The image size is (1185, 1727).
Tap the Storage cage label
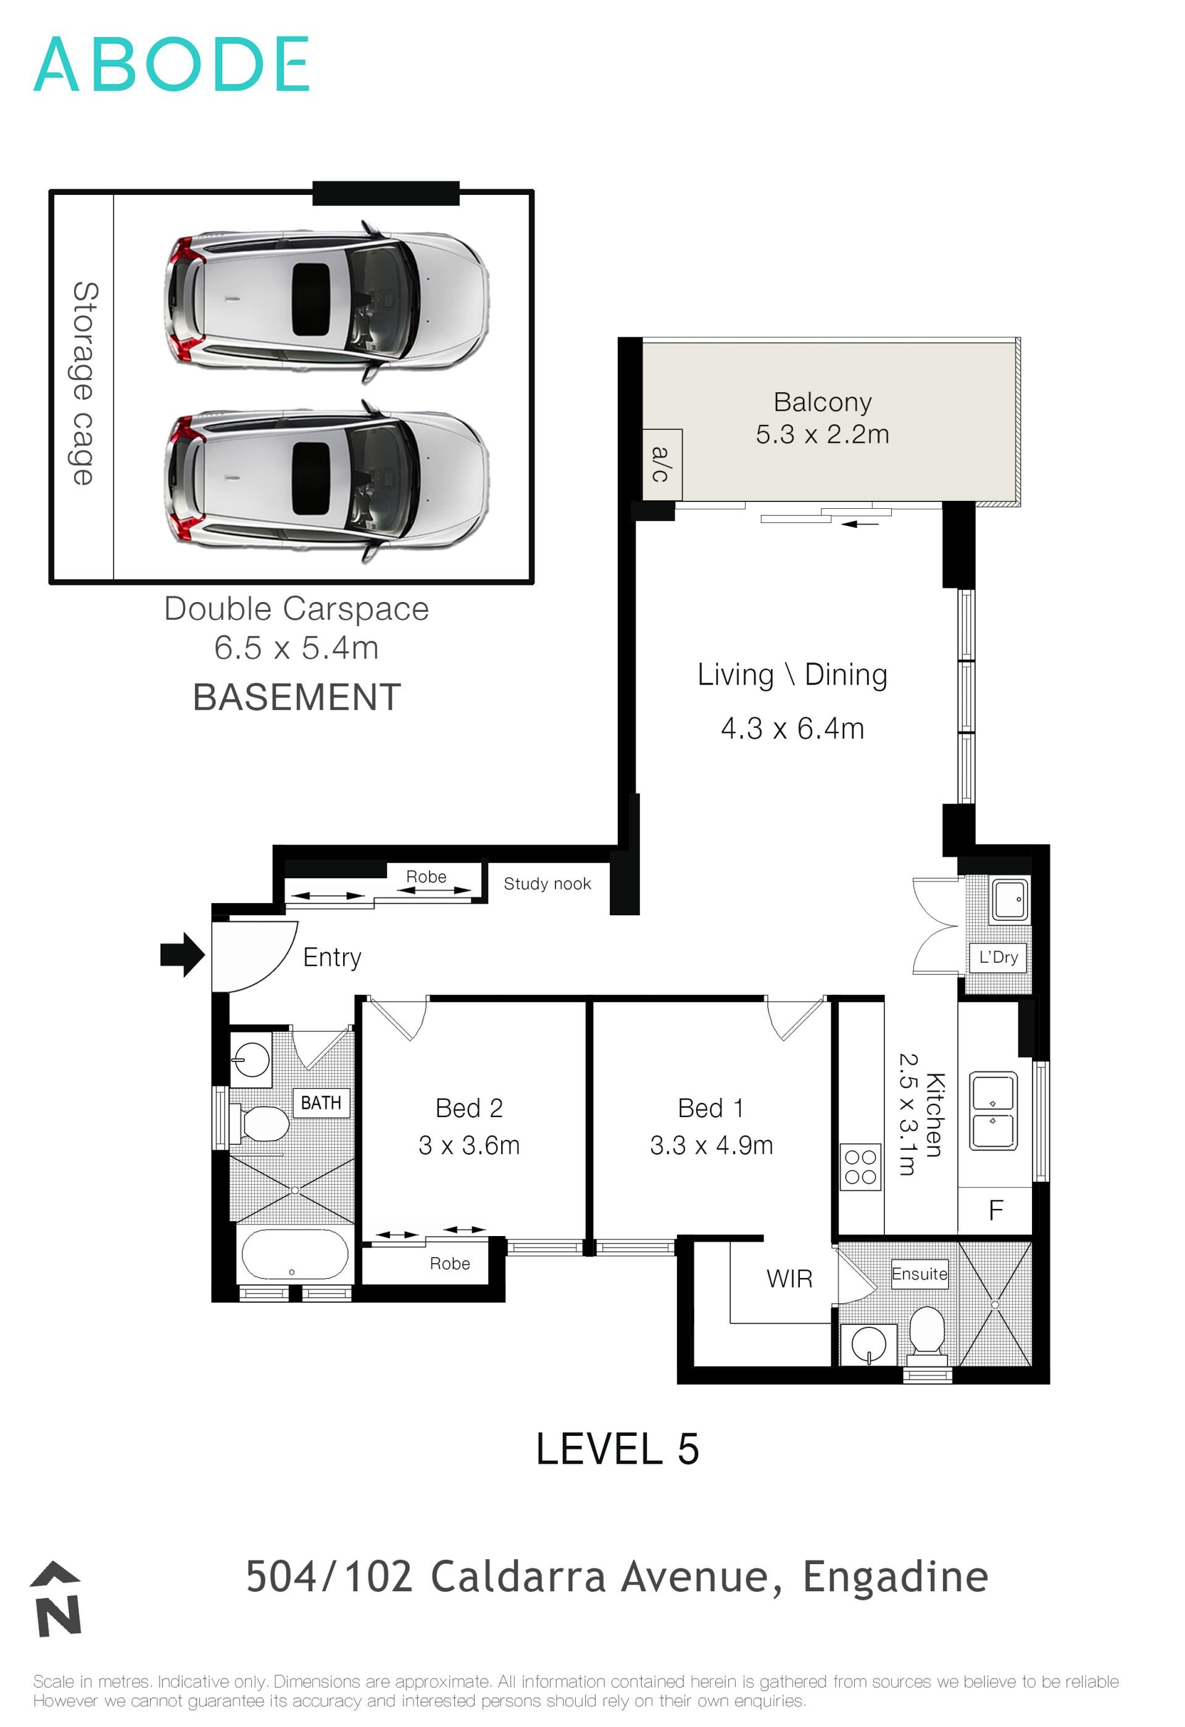click(x=84, y=384)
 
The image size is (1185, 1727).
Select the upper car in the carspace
click(x=327, y=301)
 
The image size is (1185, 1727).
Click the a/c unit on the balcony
click(x=662, y=464)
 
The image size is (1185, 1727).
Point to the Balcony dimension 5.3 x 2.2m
click(x=822, y=435)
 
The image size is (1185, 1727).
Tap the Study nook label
click(x=547, y=884)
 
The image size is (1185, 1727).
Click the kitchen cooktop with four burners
click(x=860, y=1168)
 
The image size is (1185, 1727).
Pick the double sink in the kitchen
click(x=993, y=1110)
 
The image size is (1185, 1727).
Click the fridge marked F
click(x=996, y=1211)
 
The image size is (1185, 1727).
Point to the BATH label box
click(x=321, y=1103)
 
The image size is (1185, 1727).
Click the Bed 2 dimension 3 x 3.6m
click(x=469, y=1145)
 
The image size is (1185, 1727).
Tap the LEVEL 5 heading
click(x=617, y=1449)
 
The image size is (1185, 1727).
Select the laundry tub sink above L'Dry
click(x=1010, y=899)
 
